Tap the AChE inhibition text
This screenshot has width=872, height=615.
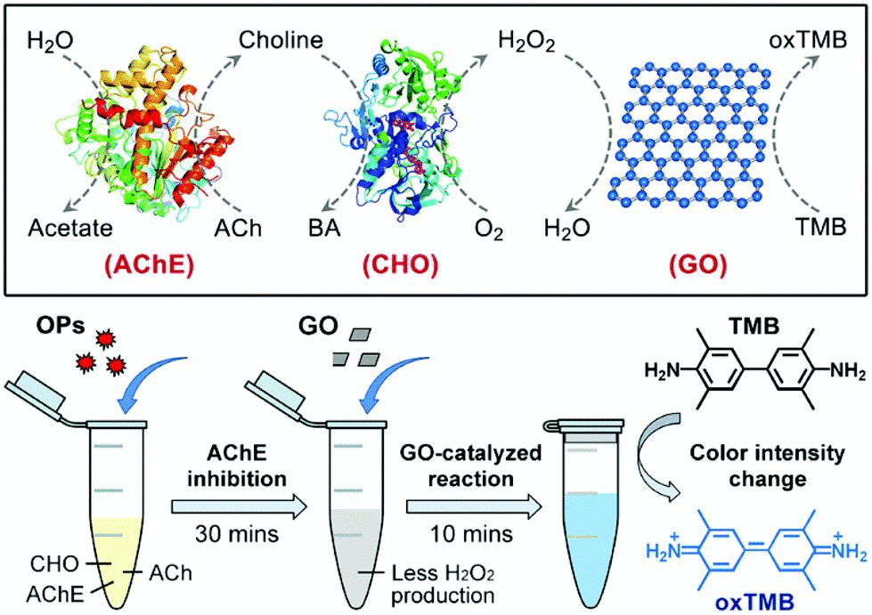click(x=238, y=466)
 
